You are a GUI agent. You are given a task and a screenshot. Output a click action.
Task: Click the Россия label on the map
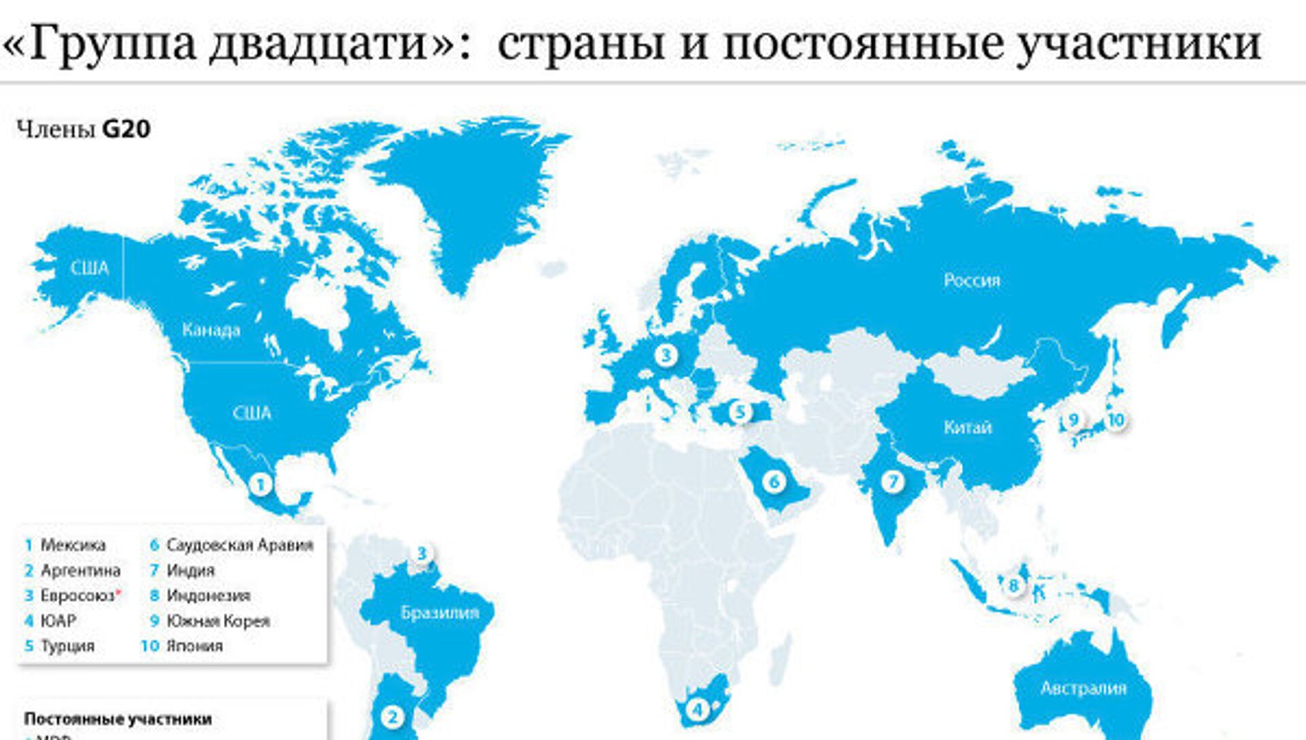pyautogui.click(x=971, y=280)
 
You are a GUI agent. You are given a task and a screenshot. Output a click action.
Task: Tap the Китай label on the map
pyautogui.click(x=967, y=428)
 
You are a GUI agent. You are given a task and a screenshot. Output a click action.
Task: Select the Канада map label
pyautogui.click(x=211, y=331)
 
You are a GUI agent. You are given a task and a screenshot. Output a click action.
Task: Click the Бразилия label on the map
pyautogui.click(x=439, y=612)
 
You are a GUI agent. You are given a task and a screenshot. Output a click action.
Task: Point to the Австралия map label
pyautogui.click(x=1083, y=688)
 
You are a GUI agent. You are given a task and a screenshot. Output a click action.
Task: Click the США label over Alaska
pyautogui.click(x=90, y=268)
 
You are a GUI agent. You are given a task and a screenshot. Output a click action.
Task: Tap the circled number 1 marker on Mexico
pyautogui.click(x=260, y=485)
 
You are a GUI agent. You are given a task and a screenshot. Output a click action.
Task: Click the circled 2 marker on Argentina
pyautogui.click(x=392, y=716)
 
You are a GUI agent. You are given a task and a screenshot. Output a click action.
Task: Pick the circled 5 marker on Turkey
pyautogui.click(x=741, y=411)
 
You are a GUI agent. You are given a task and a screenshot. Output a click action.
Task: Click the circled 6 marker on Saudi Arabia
pyautogui.click(x=773, y=482)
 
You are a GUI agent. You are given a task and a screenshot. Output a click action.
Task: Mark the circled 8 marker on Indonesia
pyautogui.click(x=1014, y=585)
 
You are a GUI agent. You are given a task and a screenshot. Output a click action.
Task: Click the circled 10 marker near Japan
pyautogui.click(x=1116, y=420)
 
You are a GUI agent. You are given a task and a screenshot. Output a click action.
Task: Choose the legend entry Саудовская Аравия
pyautogui.click(x=239, y=545)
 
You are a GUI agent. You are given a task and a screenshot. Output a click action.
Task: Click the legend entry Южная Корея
pyautogui.click(x=218, y=621)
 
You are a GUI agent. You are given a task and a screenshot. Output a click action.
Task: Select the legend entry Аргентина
pyautogui.click(x=80, y=570)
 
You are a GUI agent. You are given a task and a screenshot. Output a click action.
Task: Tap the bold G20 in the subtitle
pyautogui.click(x=126, y=129)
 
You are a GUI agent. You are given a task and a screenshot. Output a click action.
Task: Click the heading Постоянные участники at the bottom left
pyautogui.click(x=118, y=719)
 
